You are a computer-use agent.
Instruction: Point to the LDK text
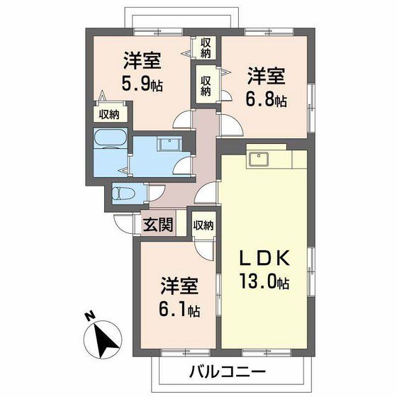pyautogui.click(x=264, y=258)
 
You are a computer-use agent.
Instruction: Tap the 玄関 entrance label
pyautogui.click(x=158, y=225)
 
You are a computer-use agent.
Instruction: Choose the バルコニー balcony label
pyautogui.click(x=228, y=371)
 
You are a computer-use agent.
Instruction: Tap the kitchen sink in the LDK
pyautogui.click(x=259, y=159)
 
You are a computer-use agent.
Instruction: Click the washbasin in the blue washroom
pyautogui.click(x=169, y=145)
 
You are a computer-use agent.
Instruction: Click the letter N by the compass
pyautogui.click(x=89, y=316)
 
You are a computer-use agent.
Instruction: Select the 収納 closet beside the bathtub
pyautogui.click(x=109, y=115)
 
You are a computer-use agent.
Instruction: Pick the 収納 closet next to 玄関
pyautogui.click(x=203, y=225)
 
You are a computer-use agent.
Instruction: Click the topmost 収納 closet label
pyautogui.click(x=206, y=49)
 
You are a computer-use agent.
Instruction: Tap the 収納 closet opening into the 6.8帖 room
pyautogui.click(x=206, y=86)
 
